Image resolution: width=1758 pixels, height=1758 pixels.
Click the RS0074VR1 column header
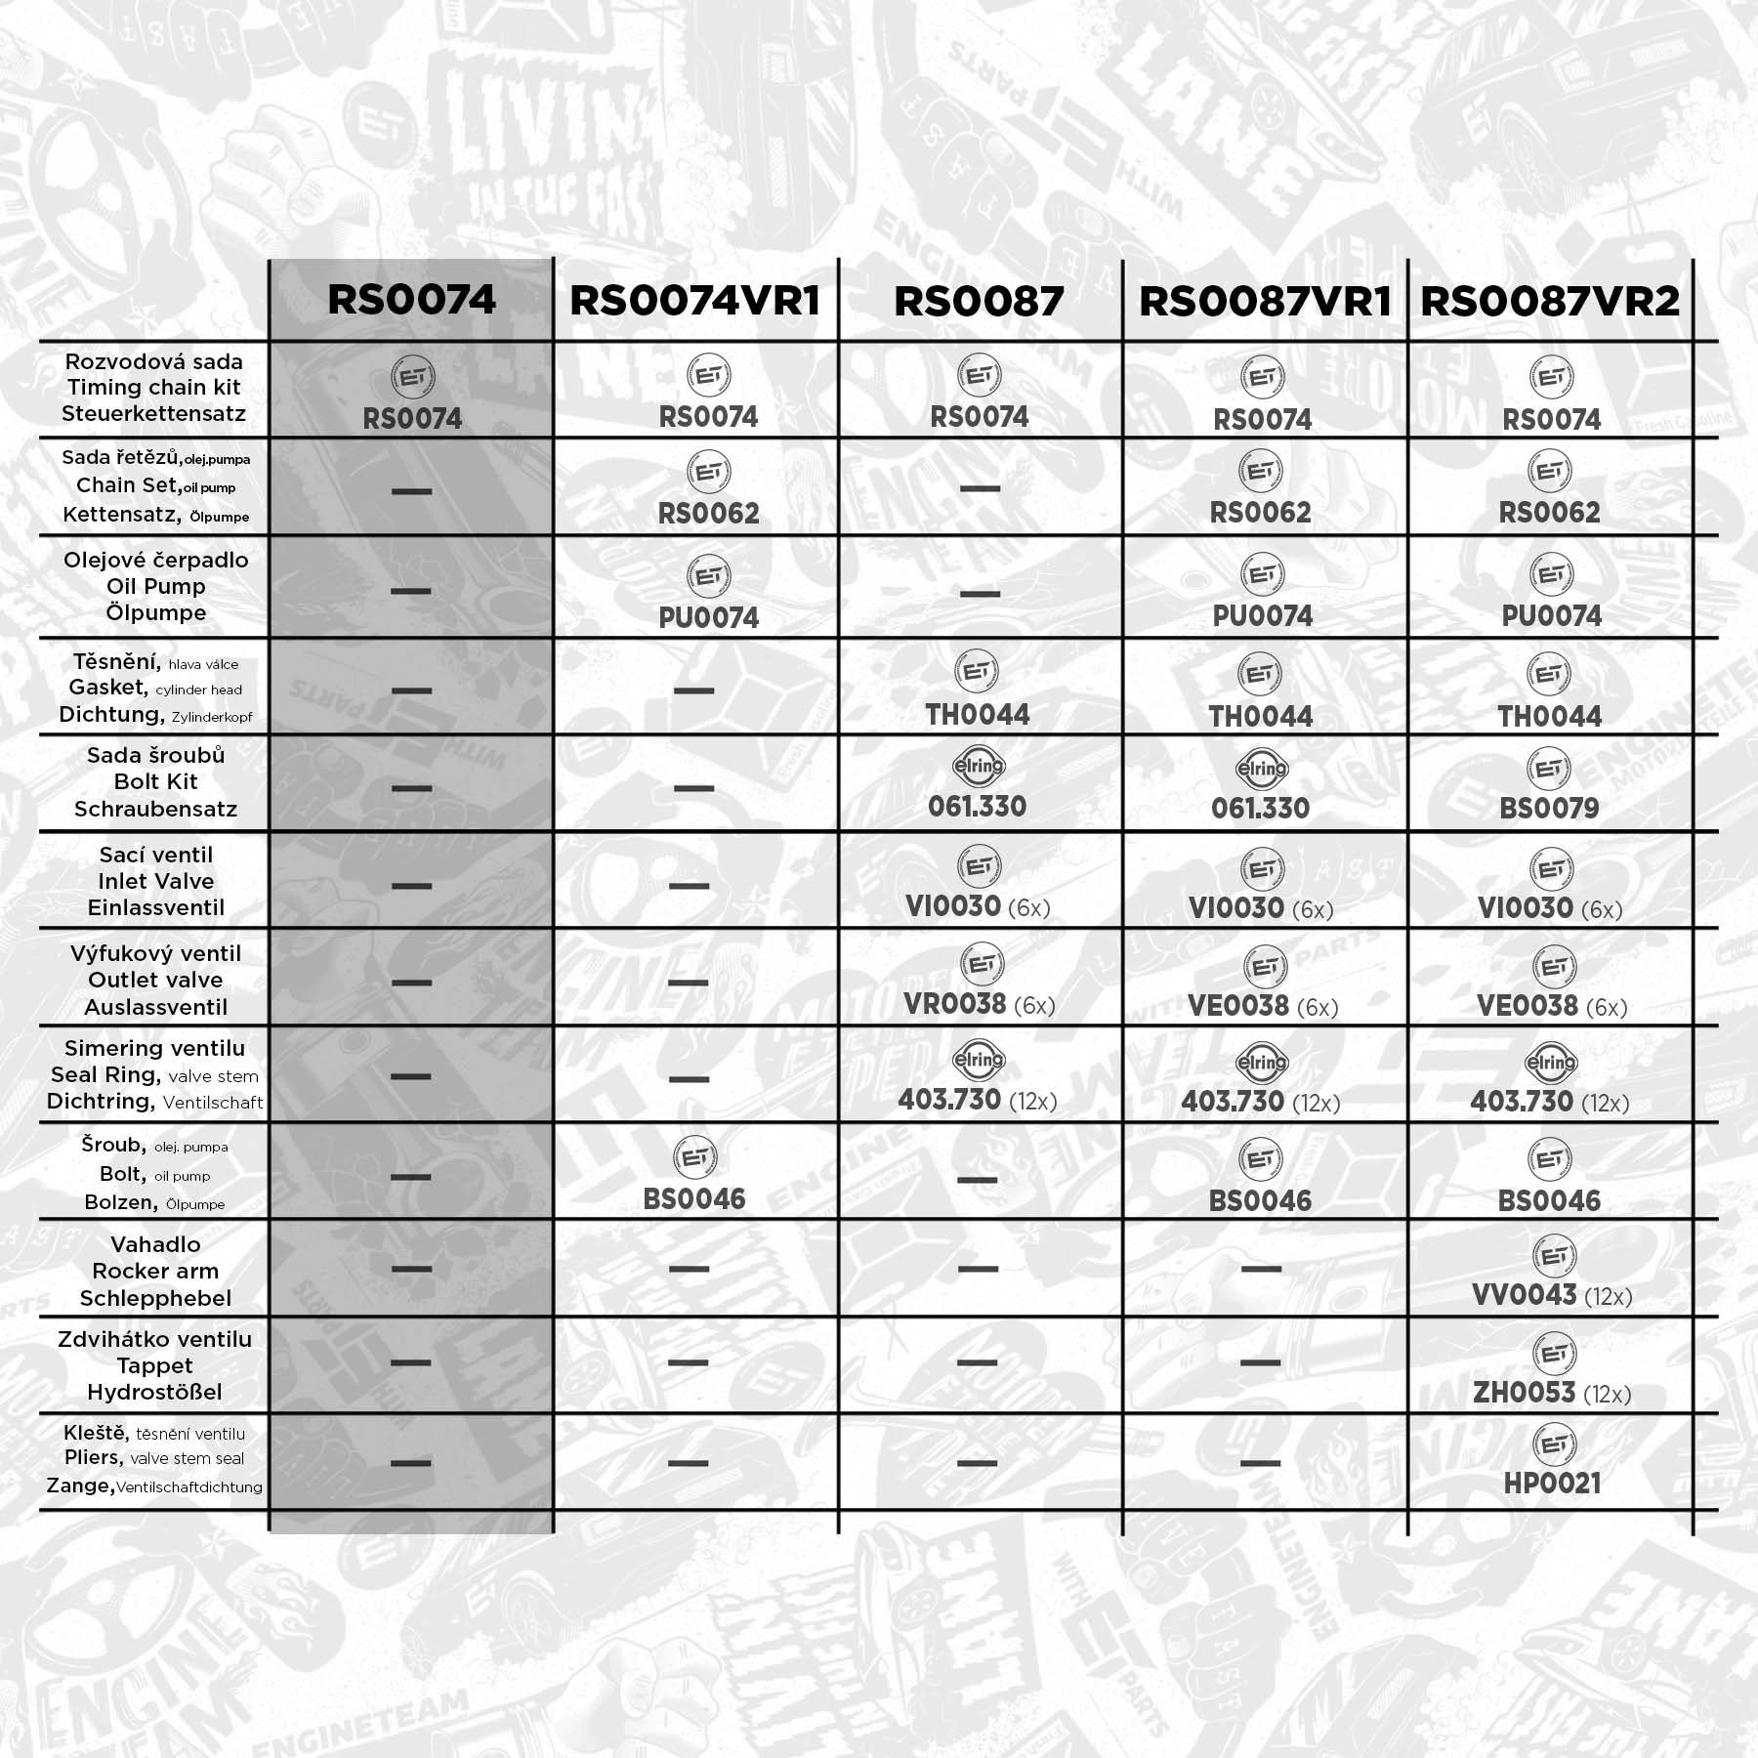pyautogui.click(x=694, y=301)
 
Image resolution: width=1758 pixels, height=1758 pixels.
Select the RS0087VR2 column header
pyautogui.click(x=1550, y=301)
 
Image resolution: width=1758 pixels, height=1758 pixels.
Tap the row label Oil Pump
pyautogui.click(x=156, y=586)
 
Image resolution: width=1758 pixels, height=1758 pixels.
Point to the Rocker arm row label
pyautogui.click(x=155, y=1271)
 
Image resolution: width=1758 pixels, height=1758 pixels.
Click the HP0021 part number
pyautogui.click(x=1552, y=1483)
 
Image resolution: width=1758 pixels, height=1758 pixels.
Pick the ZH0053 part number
pyautogui.click(x=1524, y=1392)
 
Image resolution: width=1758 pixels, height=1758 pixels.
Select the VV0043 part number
pyautogui.click(x=1524, y=1294)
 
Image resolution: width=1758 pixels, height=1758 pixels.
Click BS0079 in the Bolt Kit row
pyautogui.click(x=1549, y=808)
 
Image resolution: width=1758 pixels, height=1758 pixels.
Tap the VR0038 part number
pyautogui.click(x=954, y=1003)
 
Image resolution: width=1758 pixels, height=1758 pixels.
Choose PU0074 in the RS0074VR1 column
pyautogui.click(x=708, y=617)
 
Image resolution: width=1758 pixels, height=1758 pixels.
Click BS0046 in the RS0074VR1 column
pyautogui.click(x=694, y=1198)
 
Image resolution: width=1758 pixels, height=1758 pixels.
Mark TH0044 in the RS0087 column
pyautogui.click(x=978, y=714)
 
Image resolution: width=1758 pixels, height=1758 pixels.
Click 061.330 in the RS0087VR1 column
pyautogui.click(x=1260, y=808)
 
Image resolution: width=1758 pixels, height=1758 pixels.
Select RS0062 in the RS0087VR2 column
pyautogui.click(x=1549, y=512)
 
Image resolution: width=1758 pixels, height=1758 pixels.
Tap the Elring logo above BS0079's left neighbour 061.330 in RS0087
pyautogui.click(x=979, y=767)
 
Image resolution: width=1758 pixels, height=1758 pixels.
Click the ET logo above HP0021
pyautogui.click(x=1553, y=1444)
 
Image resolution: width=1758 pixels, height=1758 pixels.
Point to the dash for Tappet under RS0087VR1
pyautogui.click(x=1260, y=1362)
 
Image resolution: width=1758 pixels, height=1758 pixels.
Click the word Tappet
pyautogui.click(x=155, y=1365)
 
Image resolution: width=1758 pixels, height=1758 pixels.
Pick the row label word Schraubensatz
pyautogui.click(x=155, y=809)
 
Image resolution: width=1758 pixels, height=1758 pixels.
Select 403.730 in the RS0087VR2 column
pyautogui.click(x=1522, y=1101)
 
